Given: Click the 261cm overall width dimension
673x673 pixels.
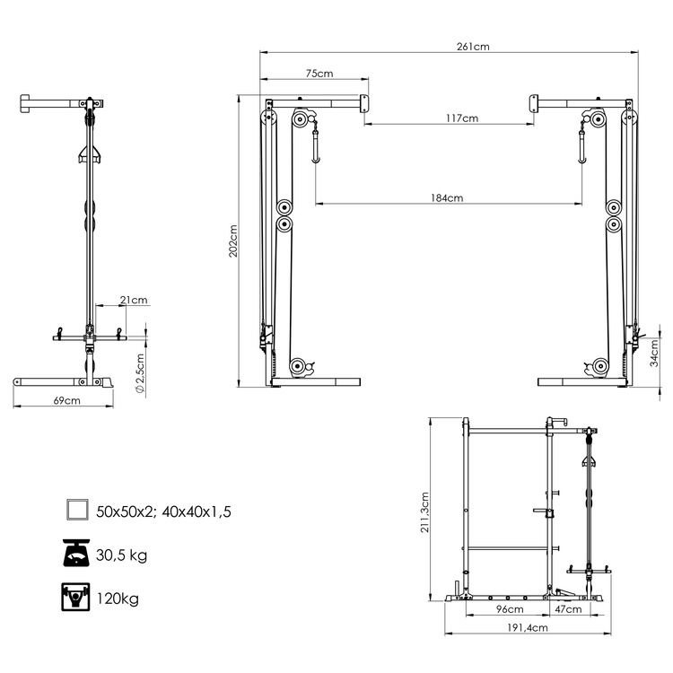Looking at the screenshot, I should (x=472, y=47).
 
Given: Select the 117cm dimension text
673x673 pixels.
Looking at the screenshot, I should (x=461, y=118).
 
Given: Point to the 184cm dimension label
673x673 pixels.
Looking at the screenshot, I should (x=445, y=198).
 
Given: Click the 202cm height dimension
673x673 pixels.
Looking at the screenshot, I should (x=233, y=240).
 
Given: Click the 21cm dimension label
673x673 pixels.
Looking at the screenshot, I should (x=134, y=300).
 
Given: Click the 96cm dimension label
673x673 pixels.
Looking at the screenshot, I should (x=510, y=609).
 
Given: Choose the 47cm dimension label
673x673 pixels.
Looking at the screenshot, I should (x=567, y=609).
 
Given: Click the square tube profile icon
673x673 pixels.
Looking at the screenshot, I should (x=77, y=511).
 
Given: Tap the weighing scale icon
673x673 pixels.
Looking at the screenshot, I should (x=77, y=555).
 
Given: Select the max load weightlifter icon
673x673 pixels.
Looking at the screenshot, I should (x=77, y=598).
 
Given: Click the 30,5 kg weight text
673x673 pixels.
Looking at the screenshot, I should (x=123, y=555).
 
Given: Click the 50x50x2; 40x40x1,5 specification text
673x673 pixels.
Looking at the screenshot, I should (x=165, y=512).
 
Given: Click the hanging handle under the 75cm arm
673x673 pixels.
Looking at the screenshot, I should (x=315, y=148).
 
